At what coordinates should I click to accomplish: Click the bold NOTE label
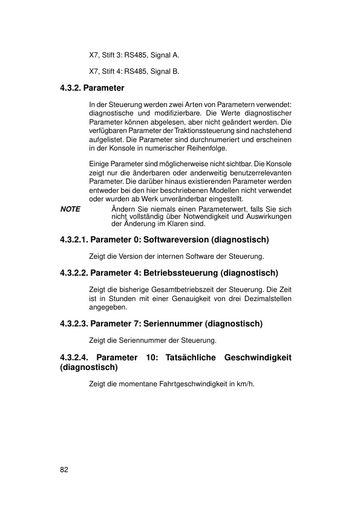click(71, 209)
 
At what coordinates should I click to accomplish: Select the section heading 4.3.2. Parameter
click(92, 88)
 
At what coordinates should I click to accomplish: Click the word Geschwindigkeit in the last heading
click(258, 358)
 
